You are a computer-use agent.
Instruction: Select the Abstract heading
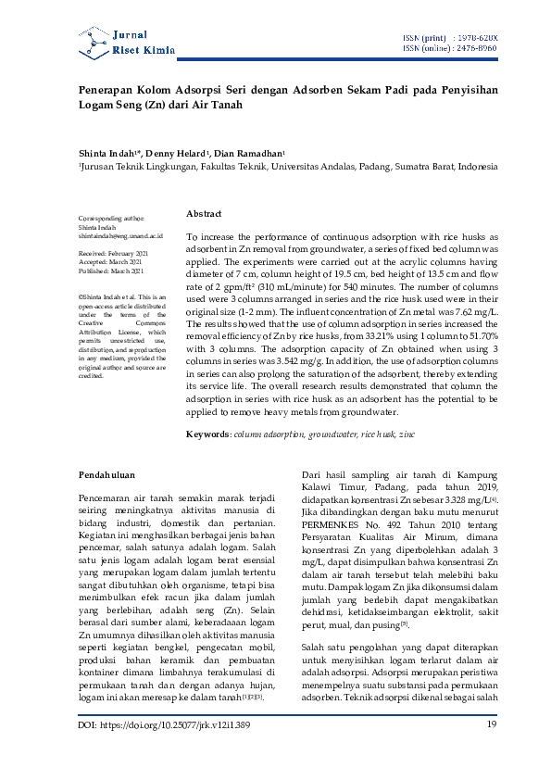204,213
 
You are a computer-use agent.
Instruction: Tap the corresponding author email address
120,237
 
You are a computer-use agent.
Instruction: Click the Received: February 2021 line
111,252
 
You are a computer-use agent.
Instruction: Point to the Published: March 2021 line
111,270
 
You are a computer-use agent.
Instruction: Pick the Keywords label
207,434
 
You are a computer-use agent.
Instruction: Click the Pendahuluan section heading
107,475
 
